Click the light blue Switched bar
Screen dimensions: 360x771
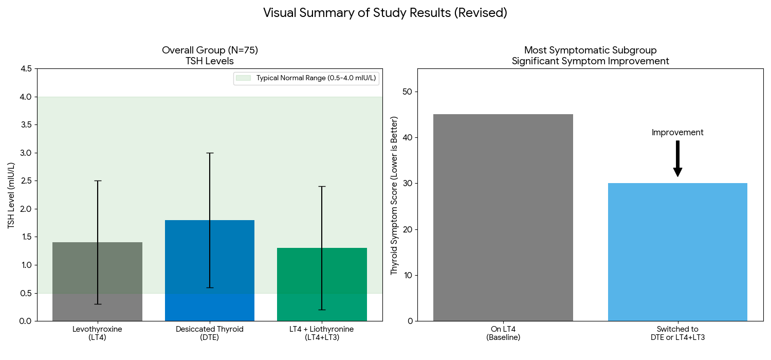click(x=677, y=252)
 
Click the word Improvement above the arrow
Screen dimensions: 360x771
click(x=677, y=133)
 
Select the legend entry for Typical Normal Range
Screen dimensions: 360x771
click(x=306, y=78)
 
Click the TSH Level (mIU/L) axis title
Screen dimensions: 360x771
click(x=11, y=195)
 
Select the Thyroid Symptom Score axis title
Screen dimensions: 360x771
click(x=394, y=195)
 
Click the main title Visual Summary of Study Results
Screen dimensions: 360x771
click(x=385, y=13)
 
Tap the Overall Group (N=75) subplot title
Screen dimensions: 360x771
click(x=210, y=50)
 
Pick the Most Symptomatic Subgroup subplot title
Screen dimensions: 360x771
click(x=590, y=50)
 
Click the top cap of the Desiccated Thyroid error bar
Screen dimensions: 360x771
click(x=210, y=153)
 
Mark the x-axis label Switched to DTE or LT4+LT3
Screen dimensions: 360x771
click(x=677, y=333)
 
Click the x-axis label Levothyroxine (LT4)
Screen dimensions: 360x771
click(x=97, y=333)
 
